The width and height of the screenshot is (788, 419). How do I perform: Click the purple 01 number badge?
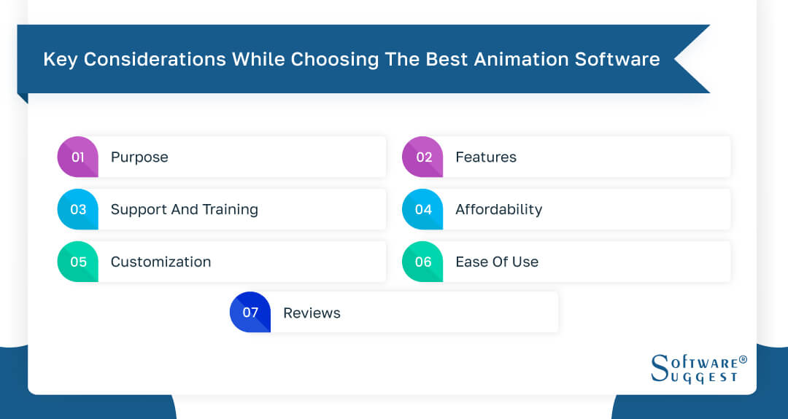[78, 157]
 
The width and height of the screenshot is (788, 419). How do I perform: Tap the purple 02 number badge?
[423, 157]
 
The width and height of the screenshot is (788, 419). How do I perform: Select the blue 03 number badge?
[78, 209]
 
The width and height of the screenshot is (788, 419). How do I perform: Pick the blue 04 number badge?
[423, 209]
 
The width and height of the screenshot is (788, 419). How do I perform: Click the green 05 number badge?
[78, 262]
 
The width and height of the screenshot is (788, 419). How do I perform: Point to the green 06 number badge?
[423, 262]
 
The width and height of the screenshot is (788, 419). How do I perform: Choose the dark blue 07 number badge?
[250, 313]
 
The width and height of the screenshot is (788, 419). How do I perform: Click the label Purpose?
[139, 157]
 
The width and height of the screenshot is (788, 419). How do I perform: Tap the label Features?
[486, 157]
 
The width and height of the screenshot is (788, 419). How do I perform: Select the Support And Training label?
[184, 209]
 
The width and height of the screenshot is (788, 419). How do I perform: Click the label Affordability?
[498, 209]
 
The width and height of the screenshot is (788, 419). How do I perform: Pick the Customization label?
[161, 262]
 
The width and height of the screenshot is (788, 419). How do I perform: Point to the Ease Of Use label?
[497, 262]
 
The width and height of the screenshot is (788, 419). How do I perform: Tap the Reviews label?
[312, 313]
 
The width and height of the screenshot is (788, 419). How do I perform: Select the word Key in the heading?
[60, 59]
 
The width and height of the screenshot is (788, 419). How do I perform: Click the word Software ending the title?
[618, 59]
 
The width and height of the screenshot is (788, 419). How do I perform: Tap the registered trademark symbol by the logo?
[743, 359]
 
